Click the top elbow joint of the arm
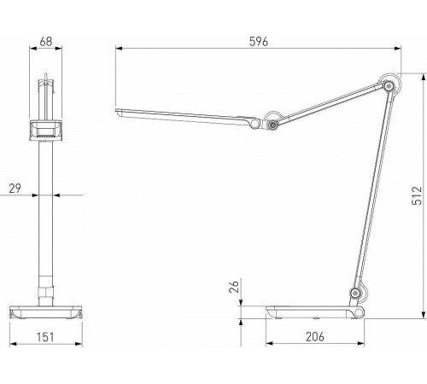pos(390,85)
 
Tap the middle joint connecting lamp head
pos(273,125)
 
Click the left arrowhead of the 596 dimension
pos(117,50)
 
